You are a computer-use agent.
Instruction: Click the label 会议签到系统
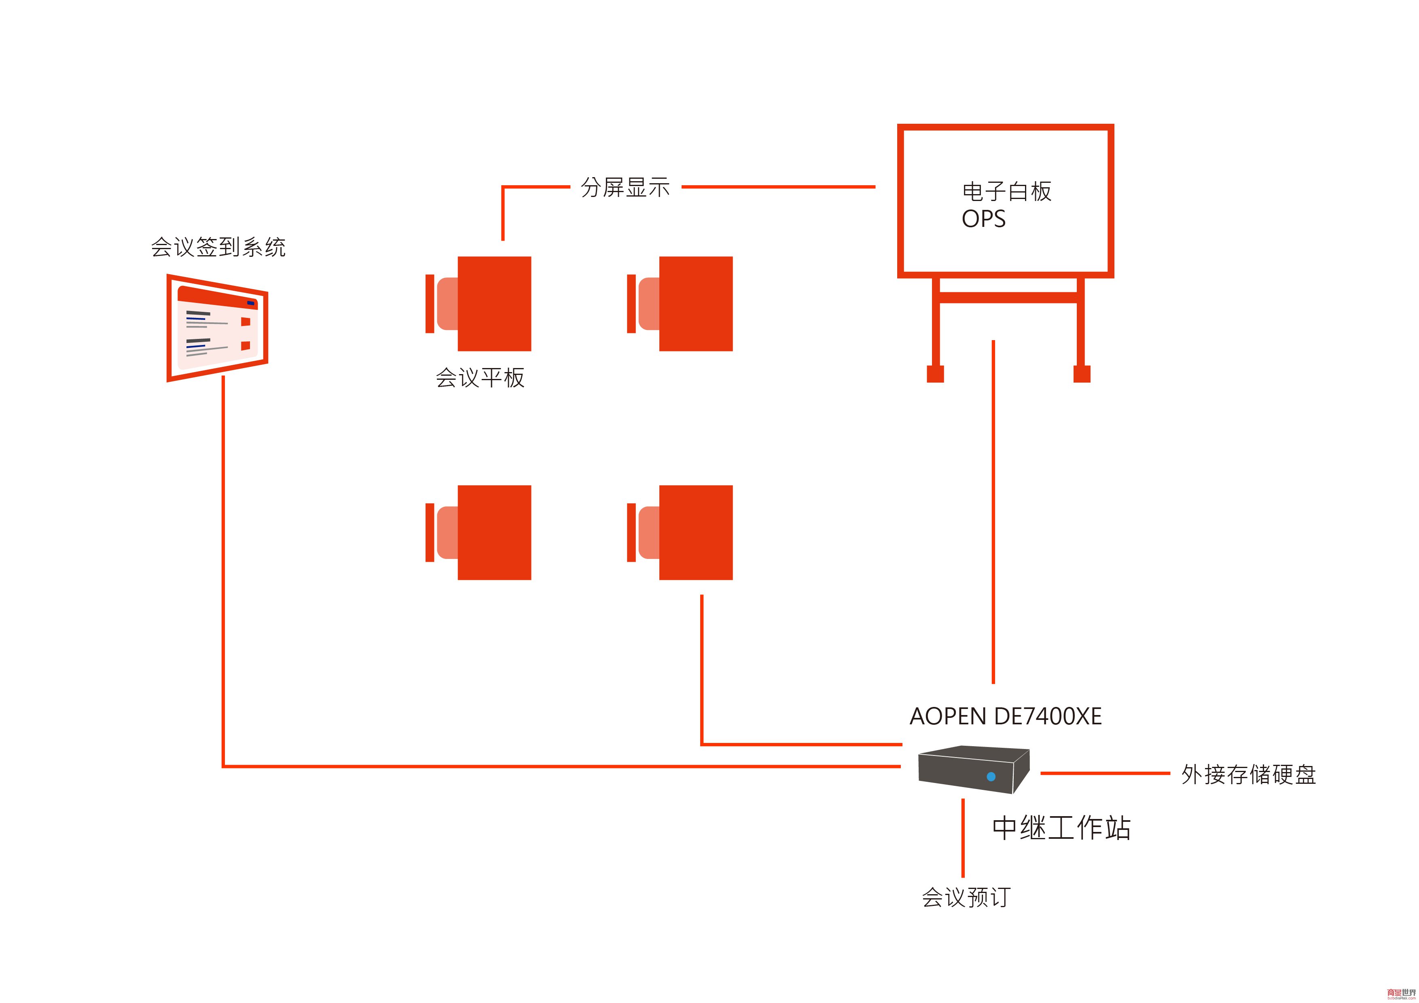click(x=218, y=247)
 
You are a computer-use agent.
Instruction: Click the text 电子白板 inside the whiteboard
click(x=1007, y=192)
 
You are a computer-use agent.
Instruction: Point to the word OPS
click(x=983, y=219)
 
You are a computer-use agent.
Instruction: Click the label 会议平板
click(x=480, y=378)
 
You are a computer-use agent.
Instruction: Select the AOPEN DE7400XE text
click(x=1006, y=716)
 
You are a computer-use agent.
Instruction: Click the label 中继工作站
click(x=1061, y=828)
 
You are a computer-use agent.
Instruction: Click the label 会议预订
click(x=966, y=897)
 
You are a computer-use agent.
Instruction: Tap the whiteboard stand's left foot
click(x=935, y=374)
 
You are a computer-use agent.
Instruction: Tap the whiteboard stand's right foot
click(x=1082, y=374)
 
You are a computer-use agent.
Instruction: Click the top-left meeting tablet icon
click(x=479, y=303)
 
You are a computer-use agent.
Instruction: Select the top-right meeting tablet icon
click(x=680, y=303)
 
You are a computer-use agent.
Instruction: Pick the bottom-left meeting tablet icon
click(x=479, y=533)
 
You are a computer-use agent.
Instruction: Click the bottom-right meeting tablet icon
click(x=680, y=533)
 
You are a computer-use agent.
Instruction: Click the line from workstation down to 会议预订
click(x=963, y=838)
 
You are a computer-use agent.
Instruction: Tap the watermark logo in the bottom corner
click(x=1400, y=993)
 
